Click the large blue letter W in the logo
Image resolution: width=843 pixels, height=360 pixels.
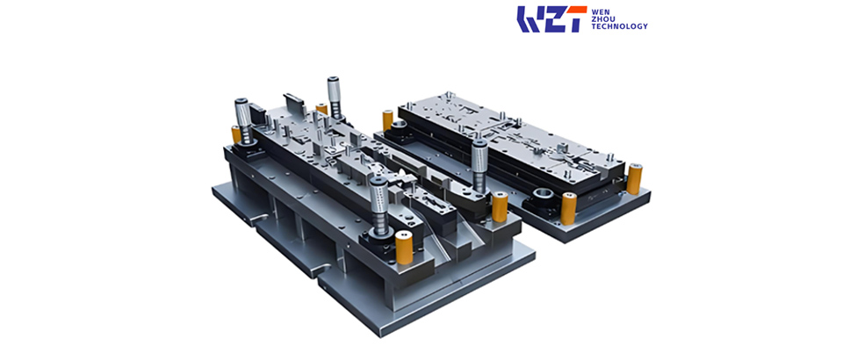pos(530,19)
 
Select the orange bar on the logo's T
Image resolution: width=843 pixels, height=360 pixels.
pos(575,10)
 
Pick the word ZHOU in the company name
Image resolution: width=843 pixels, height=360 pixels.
pos(602,18)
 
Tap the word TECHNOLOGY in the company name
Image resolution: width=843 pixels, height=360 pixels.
pos(619,26)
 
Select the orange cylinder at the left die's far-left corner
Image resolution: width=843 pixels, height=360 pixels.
pos(236,134)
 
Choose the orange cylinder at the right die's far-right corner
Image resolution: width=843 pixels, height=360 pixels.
pos(634,179)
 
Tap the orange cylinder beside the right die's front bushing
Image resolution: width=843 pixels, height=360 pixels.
pos(567,211)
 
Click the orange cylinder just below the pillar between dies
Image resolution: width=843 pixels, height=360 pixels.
pos(500,208)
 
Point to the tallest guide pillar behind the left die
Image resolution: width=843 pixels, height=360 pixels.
pos(334,96)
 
